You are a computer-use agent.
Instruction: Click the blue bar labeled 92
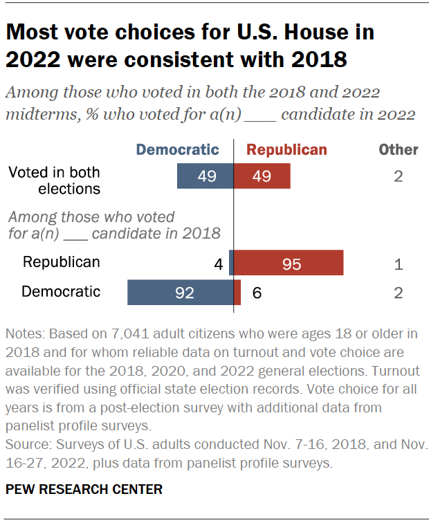[x=181, y=293]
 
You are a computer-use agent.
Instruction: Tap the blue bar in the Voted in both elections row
[x=206, y=176]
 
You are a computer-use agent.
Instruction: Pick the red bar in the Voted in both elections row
[x=262, y=176]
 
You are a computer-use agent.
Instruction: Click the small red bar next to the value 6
[x=237, y=293]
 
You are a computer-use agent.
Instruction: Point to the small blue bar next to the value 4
[x=231, y=263]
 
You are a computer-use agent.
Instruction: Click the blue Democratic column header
[x=177, y=149]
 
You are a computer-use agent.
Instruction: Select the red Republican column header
[x=286, y=149]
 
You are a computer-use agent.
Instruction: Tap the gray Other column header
[x=399, y=149]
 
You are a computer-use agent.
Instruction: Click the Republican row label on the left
[x=61, y=262]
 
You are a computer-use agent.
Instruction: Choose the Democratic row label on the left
[x=61, y=292]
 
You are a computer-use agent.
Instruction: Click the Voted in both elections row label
[x=54, y=180]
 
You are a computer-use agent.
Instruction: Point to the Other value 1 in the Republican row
[x=399, y=264]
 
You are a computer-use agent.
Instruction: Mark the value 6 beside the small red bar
[x=257, y=293]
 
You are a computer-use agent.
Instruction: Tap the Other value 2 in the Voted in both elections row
[x=399, y=177]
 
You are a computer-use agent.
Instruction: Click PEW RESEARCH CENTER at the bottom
[x=84, y=489]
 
